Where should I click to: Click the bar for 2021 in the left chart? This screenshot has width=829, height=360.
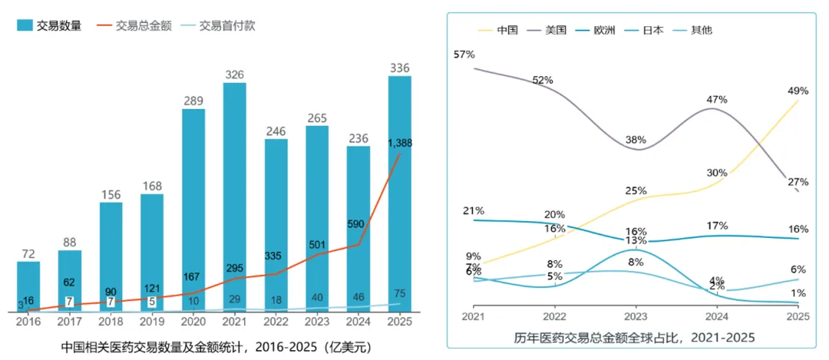click(235, 196)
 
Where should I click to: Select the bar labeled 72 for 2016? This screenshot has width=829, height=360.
click(28, 286)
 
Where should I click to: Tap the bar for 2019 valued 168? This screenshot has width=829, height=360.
click(152, 252)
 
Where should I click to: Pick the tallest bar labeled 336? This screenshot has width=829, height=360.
click(400, 192)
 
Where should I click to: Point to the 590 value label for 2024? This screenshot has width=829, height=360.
click(358, 223)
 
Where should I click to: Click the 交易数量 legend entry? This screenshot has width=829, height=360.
click(49, 25)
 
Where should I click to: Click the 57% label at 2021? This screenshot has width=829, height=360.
click(464, 54)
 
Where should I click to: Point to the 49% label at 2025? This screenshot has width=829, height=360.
click(798, 91)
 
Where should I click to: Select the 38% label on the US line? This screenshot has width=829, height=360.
click(636, 140)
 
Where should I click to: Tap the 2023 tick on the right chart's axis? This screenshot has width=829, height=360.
click(636, 316)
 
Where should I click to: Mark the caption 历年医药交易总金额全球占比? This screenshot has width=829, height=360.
click(634, 338)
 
